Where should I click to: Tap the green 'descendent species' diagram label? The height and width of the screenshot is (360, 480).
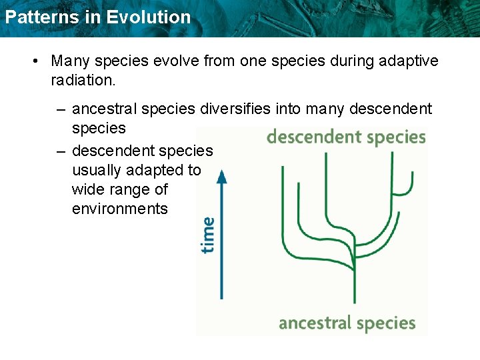click(x=345, y=137)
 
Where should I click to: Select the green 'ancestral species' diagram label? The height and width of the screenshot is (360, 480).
click(x=347, y=324)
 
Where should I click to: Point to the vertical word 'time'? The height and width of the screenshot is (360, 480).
click(x=208, y=235)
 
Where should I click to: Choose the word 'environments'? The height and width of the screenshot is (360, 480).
click(x=119, y=209)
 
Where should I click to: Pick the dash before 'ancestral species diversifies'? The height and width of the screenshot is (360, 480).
click(x=61, y=109)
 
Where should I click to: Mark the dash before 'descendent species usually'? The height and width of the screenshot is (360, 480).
click(x=61, y=150)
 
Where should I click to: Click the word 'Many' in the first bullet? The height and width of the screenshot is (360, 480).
click(x=71, y=61)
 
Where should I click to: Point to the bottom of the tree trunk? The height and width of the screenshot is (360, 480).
click(x=354, y=302)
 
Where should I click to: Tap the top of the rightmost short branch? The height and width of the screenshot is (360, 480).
click(x=412, y=173)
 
